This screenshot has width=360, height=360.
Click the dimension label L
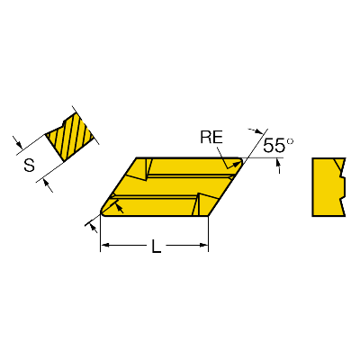click(x=156, y=246)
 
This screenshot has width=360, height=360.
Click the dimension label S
click(x=29, y=165)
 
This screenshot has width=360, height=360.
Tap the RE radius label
click(x=211, y=138)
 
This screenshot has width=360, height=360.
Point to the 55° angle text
click(x=278, y=146)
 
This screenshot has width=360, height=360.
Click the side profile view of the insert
click(x=328, y=186)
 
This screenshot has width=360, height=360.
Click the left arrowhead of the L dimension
click(x=104, y=246)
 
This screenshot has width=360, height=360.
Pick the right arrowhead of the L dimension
click(x=204, y=246)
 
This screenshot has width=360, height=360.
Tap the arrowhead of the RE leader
click(x=238, y=164)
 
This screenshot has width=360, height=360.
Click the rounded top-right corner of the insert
click(x=240, y=160)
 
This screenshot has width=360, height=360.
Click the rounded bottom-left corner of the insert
click(x=103, y=212)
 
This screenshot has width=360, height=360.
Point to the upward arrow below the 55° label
click(x=279, y=166)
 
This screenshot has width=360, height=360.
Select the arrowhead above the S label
click(x=19, y=145)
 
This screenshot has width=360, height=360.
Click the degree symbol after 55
click(x=290, y=140)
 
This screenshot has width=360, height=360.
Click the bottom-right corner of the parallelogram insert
click(x=208, y=216)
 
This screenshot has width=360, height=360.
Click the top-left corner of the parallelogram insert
click(x=137, y=157)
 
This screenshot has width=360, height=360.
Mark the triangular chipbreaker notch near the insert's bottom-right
click(x=204, y=204)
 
